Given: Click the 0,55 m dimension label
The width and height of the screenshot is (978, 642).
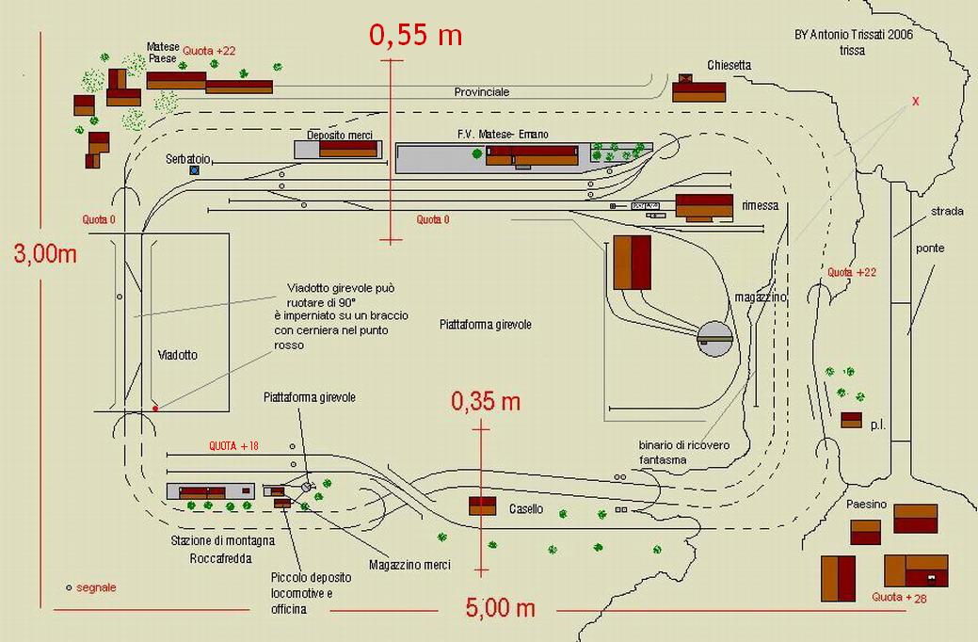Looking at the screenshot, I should [x=415, y=36].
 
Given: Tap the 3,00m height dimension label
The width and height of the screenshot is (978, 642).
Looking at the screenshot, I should [x=44, y=253].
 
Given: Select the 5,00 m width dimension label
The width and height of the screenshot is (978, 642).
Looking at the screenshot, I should [x=500, y=608].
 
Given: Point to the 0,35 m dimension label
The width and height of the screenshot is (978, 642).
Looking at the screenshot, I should [x=485, y=402].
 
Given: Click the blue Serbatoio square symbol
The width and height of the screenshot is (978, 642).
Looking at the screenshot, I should [x=195, y=170].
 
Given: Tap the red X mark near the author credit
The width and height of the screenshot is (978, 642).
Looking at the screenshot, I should [x=915, y=101].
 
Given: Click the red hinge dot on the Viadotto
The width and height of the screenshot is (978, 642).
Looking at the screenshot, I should [x=155, y=409].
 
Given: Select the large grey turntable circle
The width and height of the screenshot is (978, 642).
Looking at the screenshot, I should [x=714, y=338].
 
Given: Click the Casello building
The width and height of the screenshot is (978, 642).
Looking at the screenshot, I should [x=483, y=506].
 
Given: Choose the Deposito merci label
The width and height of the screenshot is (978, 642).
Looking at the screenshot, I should [x=346, y=136].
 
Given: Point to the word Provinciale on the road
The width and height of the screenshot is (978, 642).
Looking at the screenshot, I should [x=481, y=92].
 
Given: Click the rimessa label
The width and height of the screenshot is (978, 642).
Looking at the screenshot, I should [x=760, y=205].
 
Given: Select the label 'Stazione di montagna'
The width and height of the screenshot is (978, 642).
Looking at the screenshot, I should [x=223, y=540].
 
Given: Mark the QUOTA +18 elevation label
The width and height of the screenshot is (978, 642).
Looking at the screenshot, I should [x=233, y=445].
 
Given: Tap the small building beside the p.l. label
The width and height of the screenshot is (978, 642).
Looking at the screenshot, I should [x=851, y=420].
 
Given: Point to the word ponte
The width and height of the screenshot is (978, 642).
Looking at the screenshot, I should [x=929, y=249].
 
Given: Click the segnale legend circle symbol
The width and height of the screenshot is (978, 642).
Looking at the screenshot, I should [x=69, y=587].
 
